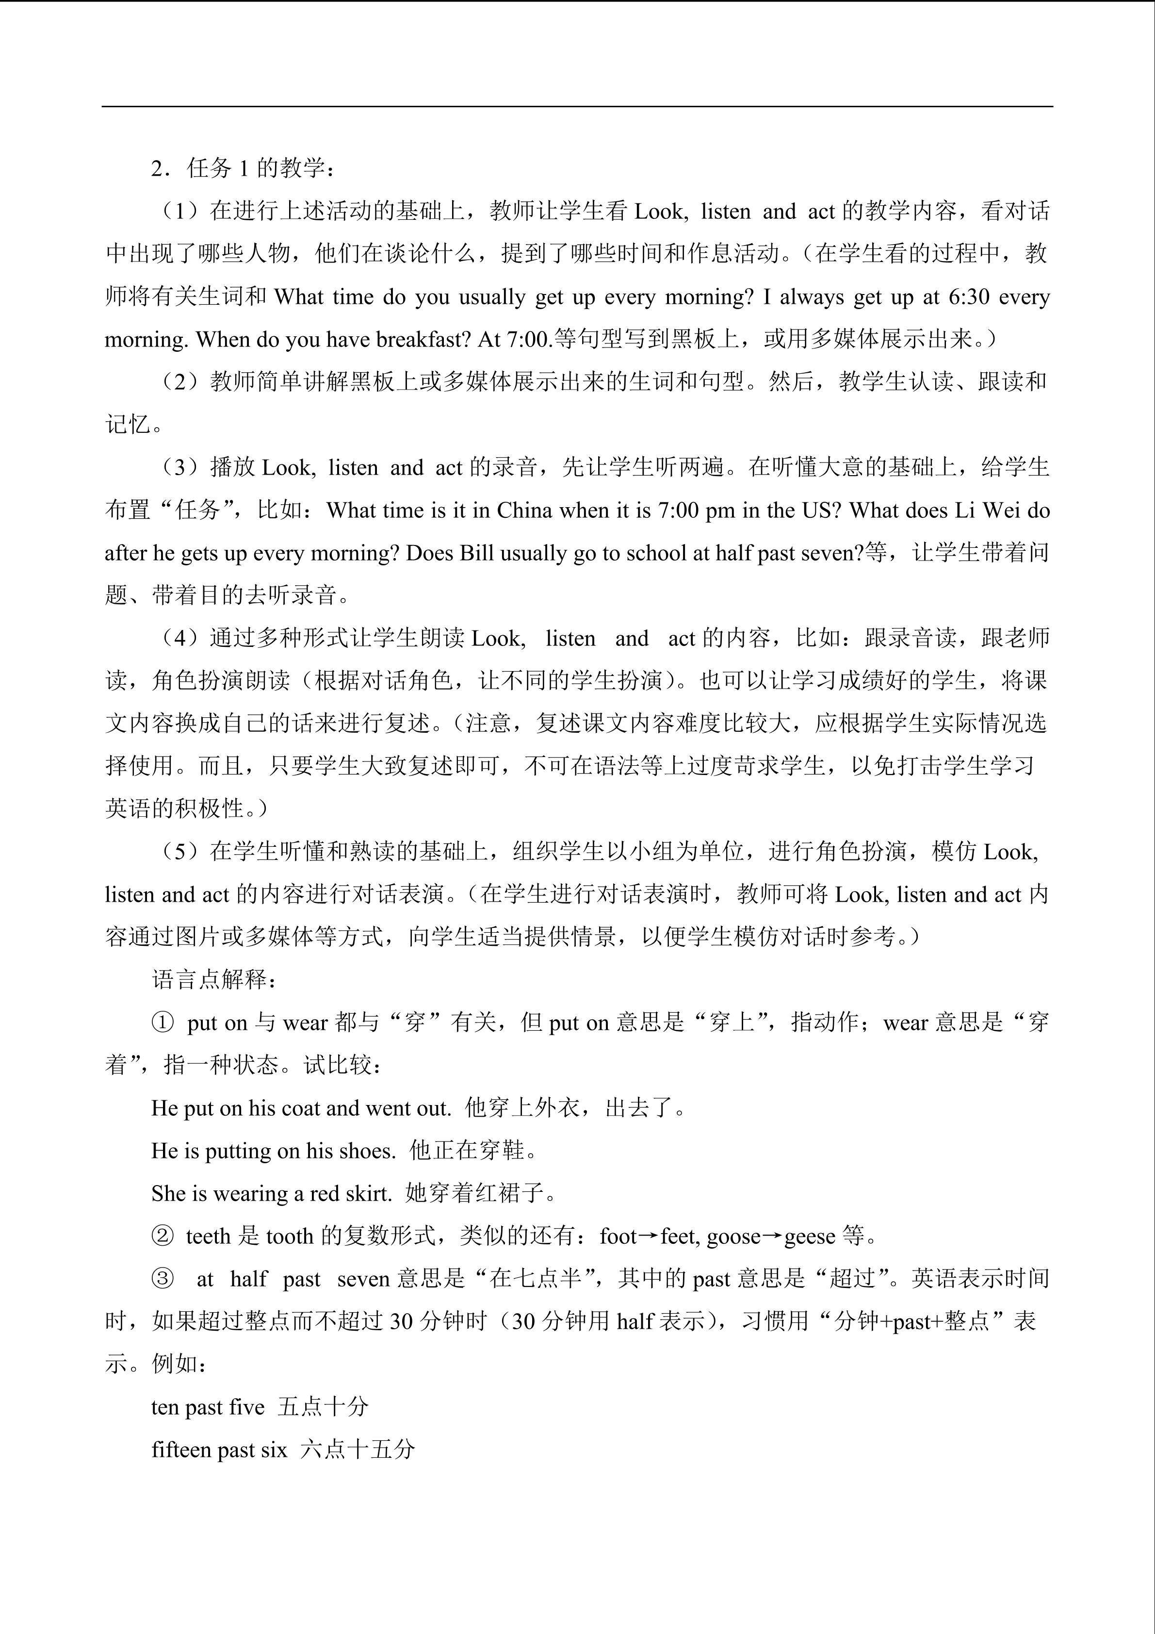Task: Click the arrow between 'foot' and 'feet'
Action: tap(648, 1236)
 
